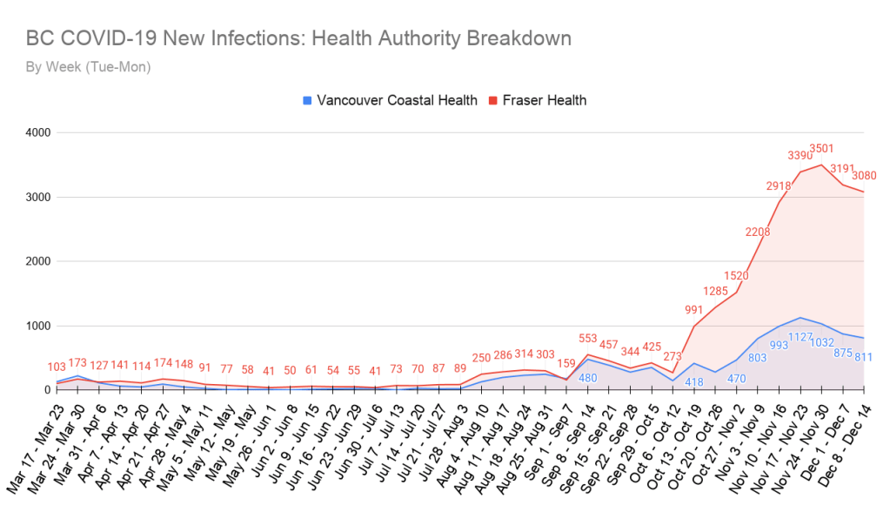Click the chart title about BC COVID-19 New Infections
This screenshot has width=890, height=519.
click(298, 39)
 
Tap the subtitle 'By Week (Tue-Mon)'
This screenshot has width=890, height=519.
click(88, 66)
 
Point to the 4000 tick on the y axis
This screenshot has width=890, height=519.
click(37, 133)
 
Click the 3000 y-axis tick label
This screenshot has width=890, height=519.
click(37, 198)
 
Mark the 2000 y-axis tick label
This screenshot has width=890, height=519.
click(37, 261)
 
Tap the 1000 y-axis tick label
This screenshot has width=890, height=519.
click(37, 326)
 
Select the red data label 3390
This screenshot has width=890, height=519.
click(800, 156)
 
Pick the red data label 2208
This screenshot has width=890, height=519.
click(758, 232)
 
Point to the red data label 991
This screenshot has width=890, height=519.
click(693, 310)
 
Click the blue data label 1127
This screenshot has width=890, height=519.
click(800, 336)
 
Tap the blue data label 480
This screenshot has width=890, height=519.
click(590, 378)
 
